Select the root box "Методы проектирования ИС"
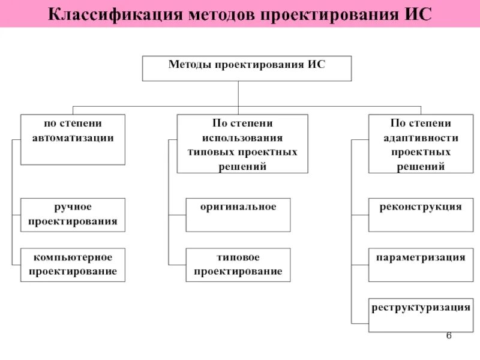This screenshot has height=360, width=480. point(247,68)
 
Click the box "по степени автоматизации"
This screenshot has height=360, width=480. point(73,139)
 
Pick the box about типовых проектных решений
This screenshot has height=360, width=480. point(242,144)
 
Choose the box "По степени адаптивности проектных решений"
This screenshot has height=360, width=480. point(421,144)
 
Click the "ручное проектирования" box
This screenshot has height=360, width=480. point(73,214)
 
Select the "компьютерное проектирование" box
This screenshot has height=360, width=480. point(73,265)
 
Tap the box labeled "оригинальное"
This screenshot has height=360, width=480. point(238,214)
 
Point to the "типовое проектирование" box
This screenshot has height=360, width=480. point(238,265)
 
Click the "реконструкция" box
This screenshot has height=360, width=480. point(421,214)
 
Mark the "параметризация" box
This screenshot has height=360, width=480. point(421,265)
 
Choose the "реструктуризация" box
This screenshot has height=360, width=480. point(421,314)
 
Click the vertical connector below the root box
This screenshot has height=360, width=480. point(238,94)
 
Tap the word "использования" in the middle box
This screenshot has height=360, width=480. point(242,138)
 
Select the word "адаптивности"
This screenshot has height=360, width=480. point(421,138)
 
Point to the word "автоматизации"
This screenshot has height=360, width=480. point(73,138)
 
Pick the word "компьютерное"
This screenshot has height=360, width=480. point(73,257)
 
